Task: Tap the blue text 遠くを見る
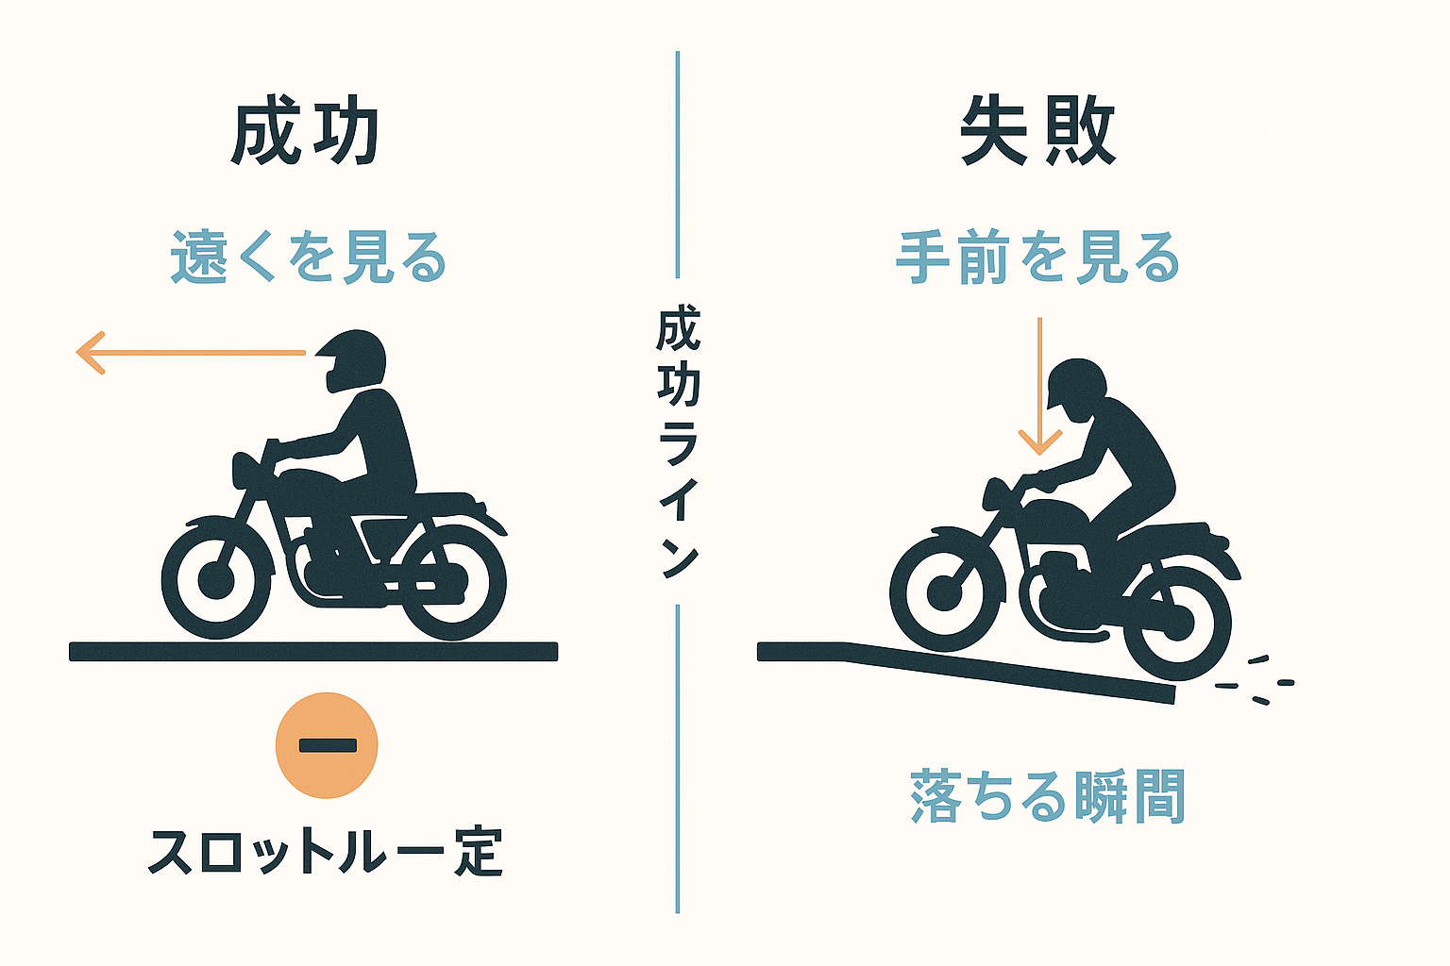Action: pyautogui.click(x=309, y=257)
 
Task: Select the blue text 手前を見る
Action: pyautogui.click(x=1037, y=257)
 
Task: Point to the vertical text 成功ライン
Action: pyautogui.click(x=678, y=441)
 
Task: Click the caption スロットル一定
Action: pyautogui.click(x=326, y=852)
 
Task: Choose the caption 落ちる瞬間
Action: pyautogui.click(x=1047, y=796)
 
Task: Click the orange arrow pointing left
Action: pyautogui.click(x=191, y=353)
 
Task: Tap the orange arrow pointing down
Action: pyautogui.click(x=1039, y=386)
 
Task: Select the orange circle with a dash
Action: pyautogui.click(x=327, y=745)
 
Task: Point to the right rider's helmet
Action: pyautogui.click(x=1075, y=383)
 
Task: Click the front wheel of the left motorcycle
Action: pyautogui.click(x=217, y=580)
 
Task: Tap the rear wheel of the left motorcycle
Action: pyautogui.click(x=451, y=582)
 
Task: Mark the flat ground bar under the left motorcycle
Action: pyautogui.click(x=313, y=652)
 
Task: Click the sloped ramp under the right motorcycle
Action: pyautogui.click(x=966, y=671)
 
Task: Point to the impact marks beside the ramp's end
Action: pyautogui.click(x=1254, y=681)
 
